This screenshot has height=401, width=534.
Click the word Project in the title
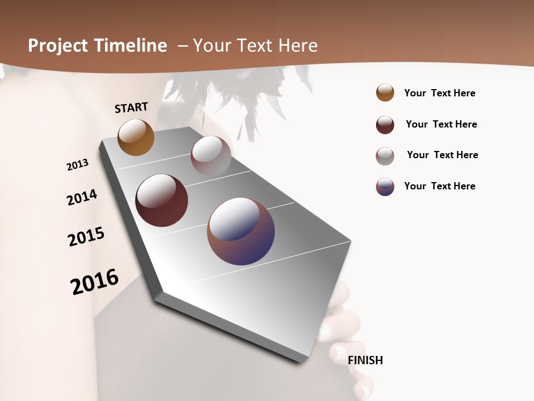point(58,46)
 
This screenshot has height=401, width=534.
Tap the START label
point(131,107)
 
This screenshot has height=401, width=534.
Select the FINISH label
point(365,360)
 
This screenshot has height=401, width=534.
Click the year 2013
point(77,165)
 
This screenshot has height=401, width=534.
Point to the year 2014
point(82,197)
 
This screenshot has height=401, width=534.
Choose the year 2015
point(86,236)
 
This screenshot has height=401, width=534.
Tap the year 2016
point(95,281)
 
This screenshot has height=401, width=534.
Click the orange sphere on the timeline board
point(136,137)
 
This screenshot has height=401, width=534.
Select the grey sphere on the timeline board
point(211,155)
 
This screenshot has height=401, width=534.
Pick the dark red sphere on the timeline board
point(161,200)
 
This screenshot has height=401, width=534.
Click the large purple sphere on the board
point(241,231)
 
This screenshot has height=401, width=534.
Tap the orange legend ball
point(385,92)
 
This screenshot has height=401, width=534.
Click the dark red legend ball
point(385,125)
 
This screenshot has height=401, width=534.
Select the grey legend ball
point(385,156)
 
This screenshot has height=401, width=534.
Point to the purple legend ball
point(385,187)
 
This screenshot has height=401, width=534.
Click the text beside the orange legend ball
point(439,93)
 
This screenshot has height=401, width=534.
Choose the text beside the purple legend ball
point(439,186)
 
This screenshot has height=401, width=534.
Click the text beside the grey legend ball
point(442,155)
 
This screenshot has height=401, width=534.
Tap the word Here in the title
point(298,46)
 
